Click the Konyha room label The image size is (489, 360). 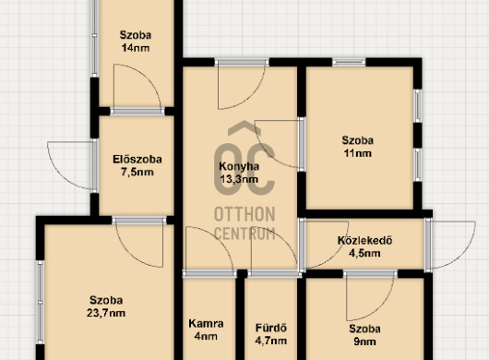tap(239, 166)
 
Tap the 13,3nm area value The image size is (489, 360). tap(239, 179)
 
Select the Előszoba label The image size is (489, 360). tap(137, 160)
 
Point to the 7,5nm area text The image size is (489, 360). tap(137, 173)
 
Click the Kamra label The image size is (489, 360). tap(206, 323)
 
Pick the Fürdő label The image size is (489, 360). tap(271, 328)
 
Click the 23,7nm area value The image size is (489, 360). tap(106, 313)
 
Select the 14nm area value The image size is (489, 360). tap(136, 48)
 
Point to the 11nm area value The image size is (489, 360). tap(358, 153)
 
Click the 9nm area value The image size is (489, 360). tap(364, 342)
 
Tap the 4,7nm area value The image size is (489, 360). tap(271, 341)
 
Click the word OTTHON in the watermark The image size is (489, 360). tap(244, 214)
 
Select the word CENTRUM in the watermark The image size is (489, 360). tap(244, 234)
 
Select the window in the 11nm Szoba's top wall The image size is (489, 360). tap(349, 63)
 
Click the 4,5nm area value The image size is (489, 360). tap(364, 253)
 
